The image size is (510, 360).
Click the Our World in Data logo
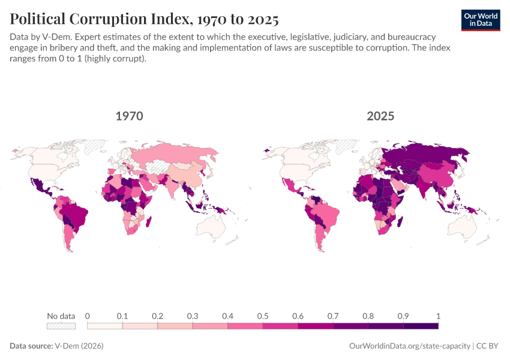pos(481,20)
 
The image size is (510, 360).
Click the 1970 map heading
pos(130,116)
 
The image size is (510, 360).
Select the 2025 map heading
pos(380,116)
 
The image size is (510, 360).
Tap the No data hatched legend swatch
pos(61,326)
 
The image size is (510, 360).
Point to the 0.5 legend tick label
pos(263,316)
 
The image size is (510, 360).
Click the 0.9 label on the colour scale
pos(403,316)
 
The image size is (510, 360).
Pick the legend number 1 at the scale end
pos(438,316)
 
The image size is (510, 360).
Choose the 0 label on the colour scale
pos(88,316)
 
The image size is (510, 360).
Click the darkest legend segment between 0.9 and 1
pos(421,326)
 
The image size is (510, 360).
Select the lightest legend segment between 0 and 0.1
pos(105,326)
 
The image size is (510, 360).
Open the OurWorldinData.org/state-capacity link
pos(409,346)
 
